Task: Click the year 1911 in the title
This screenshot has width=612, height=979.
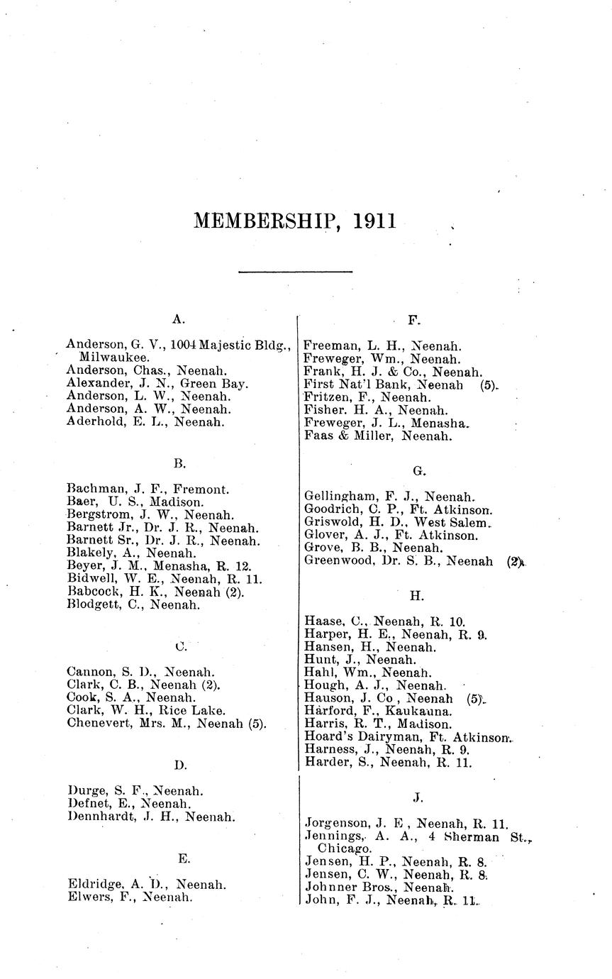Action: click(x=372, y=221)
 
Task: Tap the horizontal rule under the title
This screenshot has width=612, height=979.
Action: click(x=295, y=271)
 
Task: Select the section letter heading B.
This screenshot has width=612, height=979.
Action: click(x=179, y=463)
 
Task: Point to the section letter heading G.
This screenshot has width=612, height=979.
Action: click(x=418, y=470)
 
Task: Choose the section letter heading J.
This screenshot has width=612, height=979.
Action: click(x=418, y=797)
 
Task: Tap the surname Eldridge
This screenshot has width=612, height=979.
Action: click(x=94, y=885)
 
